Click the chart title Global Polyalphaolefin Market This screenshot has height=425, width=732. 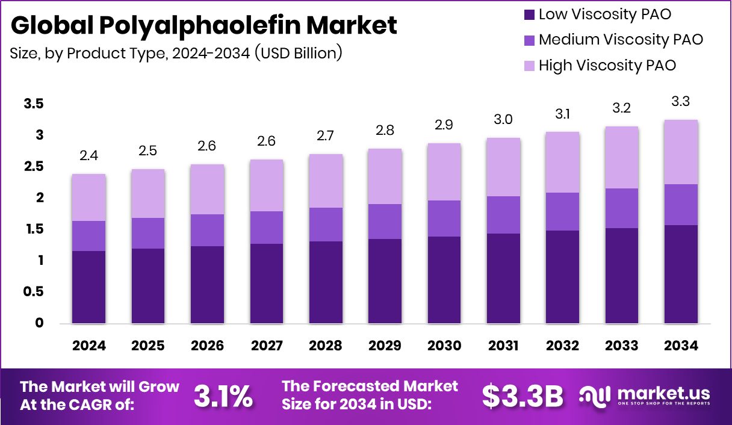(x=203, y=26)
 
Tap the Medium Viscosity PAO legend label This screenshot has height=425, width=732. (x=621, y=40)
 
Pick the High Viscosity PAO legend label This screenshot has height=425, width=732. (x=607, y=65)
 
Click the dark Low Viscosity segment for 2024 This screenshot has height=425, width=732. (x=88, y=287)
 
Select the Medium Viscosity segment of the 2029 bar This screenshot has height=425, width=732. (x=385, y=222)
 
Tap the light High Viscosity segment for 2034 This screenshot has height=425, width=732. (x=681, y=152)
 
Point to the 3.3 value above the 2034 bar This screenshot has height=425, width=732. (x=680, y=102)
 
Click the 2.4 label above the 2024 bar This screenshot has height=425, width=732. (x=88, y=156)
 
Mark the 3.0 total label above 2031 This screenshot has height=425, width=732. (x=503, y=120)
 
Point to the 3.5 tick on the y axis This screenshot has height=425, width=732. (x=34, y=104)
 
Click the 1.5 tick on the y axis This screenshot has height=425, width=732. (x=34, y=229)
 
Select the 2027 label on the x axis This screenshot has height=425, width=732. (x=266, y=346)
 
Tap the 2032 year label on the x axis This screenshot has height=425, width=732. (x=562, y=346)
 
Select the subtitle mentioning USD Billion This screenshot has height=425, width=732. (x=176, y=52)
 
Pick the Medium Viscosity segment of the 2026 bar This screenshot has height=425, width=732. (x=207, y=230)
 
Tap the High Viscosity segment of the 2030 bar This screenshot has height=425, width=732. (x=444, y=172)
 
